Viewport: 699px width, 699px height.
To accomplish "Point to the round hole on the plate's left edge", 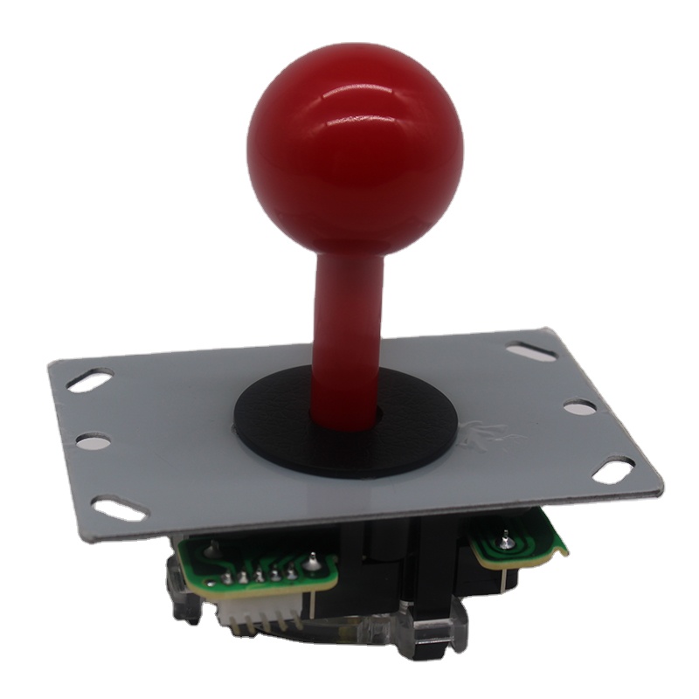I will click(93, 442).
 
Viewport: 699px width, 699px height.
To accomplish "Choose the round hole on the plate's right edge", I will click(579, 407).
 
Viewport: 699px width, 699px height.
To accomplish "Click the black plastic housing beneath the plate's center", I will click(384, 559).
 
